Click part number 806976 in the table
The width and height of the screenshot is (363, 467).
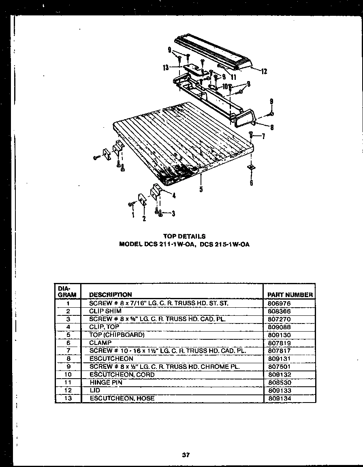[x=279, y=303]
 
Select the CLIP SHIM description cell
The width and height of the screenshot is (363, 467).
[x=105, y=311]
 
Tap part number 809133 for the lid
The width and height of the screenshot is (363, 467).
[x=280, y=390]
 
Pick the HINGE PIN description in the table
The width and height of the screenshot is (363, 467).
[x=106, y=382]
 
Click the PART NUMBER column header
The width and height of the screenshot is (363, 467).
[x=290, y=295]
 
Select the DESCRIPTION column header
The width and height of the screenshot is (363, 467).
[x=110, y=295]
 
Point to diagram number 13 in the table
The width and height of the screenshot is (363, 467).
[x=68, y=398]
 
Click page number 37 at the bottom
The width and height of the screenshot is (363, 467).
[x=186, y=455]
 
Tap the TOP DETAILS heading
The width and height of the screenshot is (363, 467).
[x=184, y=236]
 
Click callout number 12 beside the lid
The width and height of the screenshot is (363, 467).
[x=264, y=72]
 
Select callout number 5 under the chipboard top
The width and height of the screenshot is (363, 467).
[x=201, y=189]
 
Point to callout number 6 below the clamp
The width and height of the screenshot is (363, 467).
[x=251, y=183]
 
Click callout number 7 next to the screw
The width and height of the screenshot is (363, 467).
[x=263, y=136]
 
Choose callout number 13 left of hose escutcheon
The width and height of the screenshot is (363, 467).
[x=166, y=68]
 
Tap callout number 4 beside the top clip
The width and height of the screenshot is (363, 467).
[x=174, y=195]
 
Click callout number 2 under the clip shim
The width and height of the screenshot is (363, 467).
[x=143, y=219]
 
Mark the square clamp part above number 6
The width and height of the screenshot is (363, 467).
[x=251, y=167]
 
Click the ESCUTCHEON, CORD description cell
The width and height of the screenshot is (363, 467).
[x=122, y=375]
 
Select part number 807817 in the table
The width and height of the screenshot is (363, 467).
[x=279, y=351]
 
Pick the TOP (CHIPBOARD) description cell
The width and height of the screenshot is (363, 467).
[x=117, y=335]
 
